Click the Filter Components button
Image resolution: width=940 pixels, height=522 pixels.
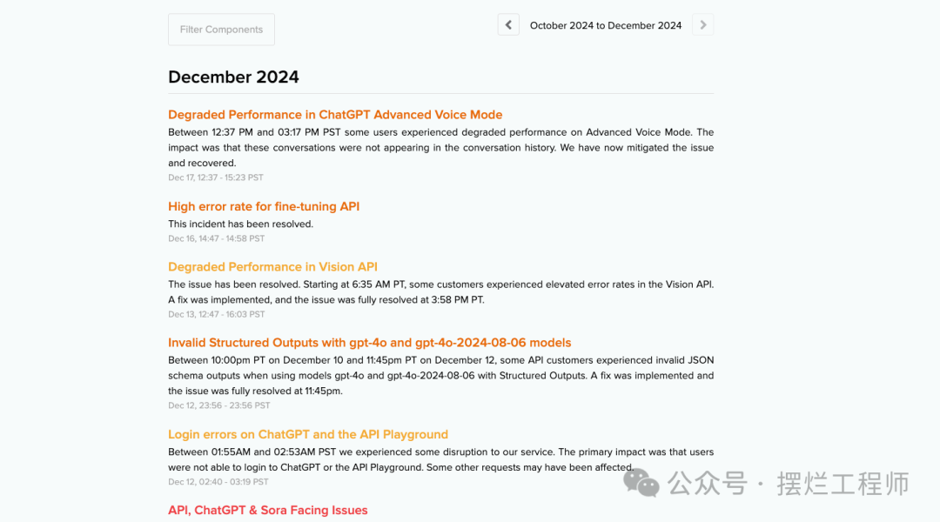click(221, 30)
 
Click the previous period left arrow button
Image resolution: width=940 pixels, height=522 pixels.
click(508, 24)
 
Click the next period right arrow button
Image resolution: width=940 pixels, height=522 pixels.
click(703, 24)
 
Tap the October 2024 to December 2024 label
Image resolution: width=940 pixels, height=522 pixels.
click(606, 25)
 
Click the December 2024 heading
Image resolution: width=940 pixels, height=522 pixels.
click(233, 77)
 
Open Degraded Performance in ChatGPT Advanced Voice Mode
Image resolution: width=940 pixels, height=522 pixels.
click(335, 115)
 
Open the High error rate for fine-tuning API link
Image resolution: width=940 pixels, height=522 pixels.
click(264, 207)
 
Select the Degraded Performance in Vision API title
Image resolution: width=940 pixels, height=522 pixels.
click(272, 267)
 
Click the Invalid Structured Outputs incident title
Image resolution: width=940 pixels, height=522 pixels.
click(369, 343)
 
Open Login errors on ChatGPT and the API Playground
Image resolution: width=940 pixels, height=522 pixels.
click(307, 435)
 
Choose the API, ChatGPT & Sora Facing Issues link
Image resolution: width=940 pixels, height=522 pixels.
click(267, 511)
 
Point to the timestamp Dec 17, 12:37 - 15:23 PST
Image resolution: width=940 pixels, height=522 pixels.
click(216, 177)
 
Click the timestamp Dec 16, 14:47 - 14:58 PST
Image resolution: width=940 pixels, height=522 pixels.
click(216, 238)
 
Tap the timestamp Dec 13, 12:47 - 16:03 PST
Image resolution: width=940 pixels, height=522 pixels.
click(216, 314)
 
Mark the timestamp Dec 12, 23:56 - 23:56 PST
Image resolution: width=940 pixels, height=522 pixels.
click(218, 405)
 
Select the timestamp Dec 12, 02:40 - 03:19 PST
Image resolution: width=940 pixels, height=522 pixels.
click(218, 482)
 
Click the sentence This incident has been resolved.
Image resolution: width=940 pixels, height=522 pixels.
click(240, 224)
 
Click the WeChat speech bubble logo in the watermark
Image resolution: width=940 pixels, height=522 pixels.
click(641, 483)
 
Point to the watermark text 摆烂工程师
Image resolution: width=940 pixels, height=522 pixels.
click(843, 484)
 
